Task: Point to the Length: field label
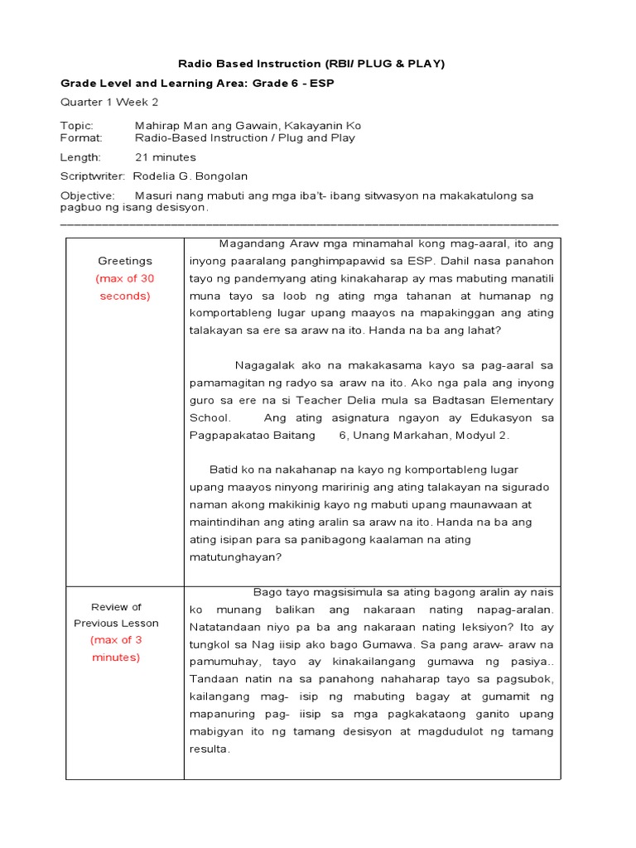point(80,157)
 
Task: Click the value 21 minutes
point(166,157)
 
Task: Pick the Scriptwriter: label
point(93,176)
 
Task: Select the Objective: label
point(87,195)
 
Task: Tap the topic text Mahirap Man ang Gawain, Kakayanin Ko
point(248,126)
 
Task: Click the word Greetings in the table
point(125,261)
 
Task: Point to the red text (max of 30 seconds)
point(125,287)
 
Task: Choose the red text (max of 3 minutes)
point(117,648)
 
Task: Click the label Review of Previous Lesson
point(117,615)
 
